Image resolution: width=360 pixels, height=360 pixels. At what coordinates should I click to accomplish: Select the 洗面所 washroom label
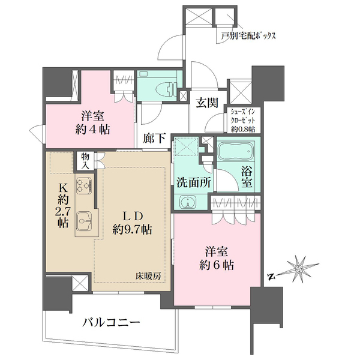[192, 182]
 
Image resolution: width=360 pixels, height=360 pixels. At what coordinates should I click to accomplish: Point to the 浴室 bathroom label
[247, 177]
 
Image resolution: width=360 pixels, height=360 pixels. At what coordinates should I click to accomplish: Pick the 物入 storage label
[85, 160]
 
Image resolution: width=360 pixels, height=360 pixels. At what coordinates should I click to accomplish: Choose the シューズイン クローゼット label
[242, 119]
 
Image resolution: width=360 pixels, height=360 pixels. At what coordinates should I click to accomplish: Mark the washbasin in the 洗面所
[187, 203]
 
